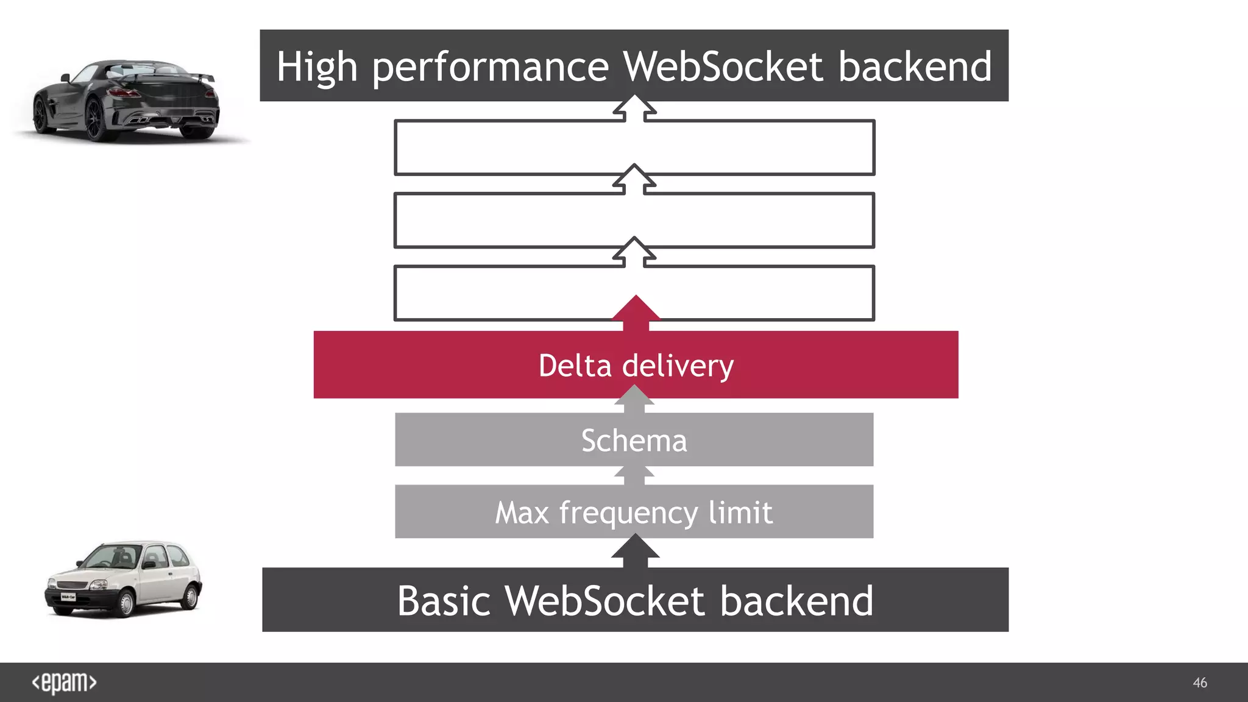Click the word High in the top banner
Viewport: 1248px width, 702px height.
(x=316, y=66)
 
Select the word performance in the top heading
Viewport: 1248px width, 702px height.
(x=490, y=67)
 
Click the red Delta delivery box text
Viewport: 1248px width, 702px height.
(x=636, y=366)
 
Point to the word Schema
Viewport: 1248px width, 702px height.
(x=634, y=441)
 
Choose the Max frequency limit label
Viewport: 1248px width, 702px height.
(x=634, y=512)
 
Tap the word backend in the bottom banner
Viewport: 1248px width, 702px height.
(x=796, y=601)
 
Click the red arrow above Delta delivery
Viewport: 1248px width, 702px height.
(x=636, y=311)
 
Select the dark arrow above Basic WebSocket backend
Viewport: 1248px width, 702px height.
(x=635, y=550)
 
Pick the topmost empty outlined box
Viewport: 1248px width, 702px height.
(x=634, y=148)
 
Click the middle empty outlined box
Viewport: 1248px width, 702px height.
(x=634, y=221)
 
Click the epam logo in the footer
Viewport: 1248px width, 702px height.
(x=64, y=682)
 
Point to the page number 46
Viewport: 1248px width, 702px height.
(x=1199, y=682)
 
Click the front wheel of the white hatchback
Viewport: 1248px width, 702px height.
(x=125, y=603)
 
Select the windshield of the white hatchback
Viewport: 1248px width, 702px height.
(x=113, y=556)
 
